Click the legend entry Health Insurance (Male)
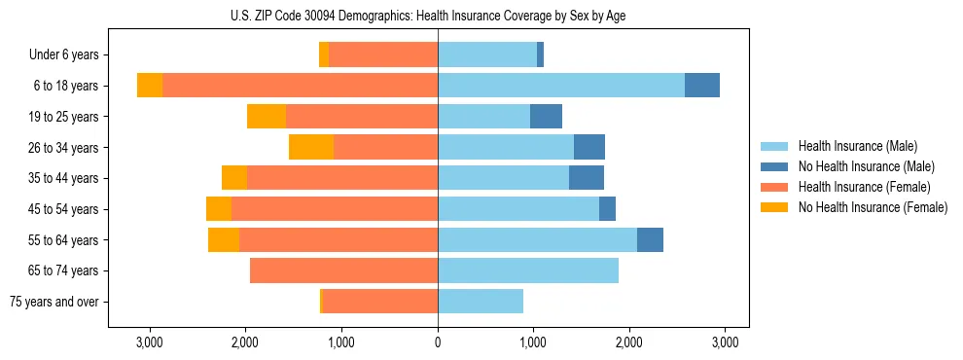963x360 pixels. (x=857, y=146)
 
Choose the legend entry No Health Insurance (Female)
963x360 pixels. (x=873, y=207)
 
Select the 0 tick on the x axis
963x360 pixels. (x=438, y=342)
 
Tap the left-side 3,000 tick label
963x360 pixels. (x=149, y=342)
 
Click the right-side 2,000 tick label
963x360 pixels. (x=629, y=342)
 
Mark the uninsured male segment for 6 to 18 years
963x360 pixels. (x=702, y=86)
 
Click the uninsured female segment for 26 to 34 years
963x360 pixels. (x=311, y=147)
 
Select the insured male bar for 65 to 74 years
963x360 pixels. (x=528, y=270)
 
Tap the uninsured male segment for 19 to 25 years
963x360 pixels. (x=546, y=117)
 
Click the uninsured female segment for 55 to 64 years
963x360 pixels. (x=224, y=239)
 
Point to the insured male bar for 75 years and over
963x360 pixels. (x=481, y=302)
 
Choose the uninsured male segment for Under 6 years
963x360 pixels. (x=540, y=54)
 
